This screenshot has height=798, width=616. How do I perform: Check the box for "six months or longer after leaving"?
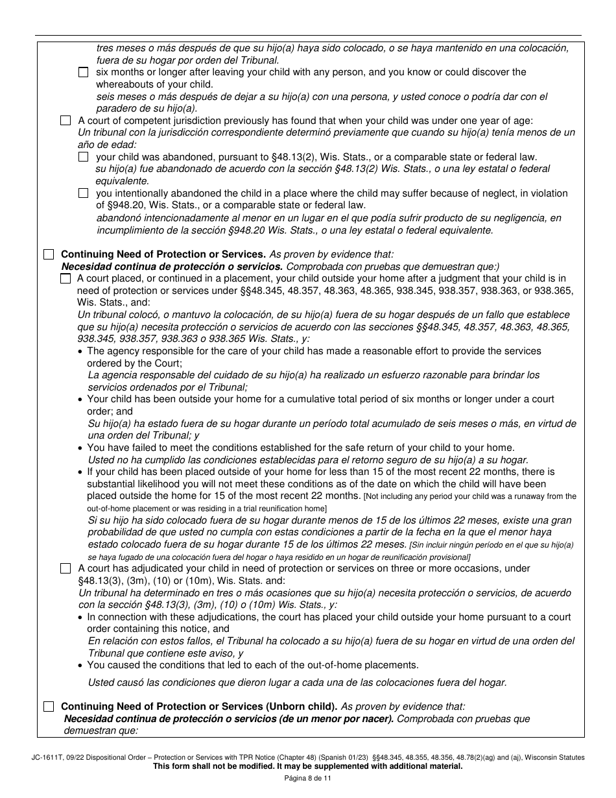(x=83, y=73)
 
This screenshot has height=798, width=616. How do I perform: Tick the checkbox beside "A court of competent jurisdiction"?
(x=65, y=121)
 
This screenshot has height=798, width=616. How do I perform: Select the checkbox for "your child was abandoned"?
(x=83, y=157)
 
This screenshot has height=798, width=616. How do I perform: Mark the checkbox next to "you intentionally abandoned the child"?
(x=83, y=193)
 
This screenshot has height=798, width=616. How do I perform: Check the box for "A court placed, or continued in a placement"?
(x=65, y=278)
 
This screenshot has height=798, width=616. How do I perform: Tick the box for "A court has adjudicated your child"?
(x=65, y=568)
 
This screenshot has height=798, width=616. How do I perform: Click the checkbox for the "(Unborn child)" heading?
(x=49, y=707)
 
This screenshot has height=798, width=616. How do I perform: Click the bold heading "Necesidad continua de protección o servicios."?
(x=172, y=267)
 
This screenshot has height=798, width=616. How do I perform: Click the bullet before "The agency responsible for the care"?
(x=80, y=352)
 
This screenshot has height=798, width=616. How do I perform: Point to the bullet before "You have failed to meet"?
(x=80, y=448)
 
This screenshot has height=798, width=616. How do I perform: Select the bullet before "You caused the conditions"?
(x=80, y=665)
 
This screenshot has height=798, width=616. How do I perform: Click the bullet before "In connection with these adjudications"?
(x=80, y=617)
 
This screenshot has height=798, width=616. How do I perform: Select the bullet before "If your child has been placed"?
(x=80, y=472)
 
